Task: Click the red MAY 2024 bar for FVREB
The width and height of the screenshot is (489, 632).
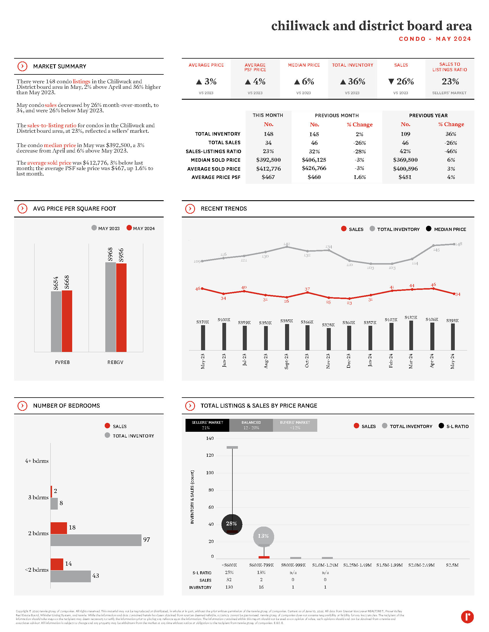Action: click(x=67, y=321)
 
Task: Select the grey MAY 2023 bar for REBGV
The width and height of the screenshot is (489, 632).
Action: click(x=110, y=307)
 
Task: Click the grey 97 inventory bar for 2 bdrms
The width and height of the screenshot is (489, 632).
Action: click(x=96, y=540)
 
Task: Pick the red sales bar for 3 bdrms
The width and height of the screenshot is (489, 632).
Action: click(x=51, y=491)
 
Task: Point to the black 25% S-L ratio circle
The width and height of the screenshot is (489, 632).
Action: click(x=232, y=524)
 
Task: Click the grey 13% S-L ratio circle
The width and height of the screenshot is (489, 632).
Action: click(x=263, y=536)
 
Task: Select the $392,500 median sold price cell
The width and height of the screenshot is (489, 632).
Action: click(x=268, y=160)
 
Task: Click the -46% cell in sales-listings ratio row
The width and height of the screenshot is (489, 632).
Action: click(x=451, y=151)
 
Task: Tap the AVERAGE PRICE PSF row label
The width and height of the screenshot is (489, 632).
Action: click(x=216, y=177)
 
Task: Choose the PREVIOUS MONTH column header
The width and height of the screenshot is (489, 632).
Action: click(x=337, y=115)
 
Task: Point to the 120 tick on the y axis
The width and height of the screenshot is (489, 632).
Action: click(x=210, y=456)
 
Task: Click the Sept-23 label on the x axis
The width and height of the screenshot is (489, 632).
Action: click(x=286, y=361)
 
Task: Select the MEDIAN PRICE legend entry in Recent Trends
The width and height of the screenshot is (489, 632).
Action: click(x=446, y=229)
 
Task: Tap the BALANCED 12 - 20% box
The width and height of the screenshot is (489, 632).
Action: click(x=251, y=425)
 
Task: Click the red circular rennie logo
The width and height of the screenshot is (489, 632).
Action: click(x=467, y=617)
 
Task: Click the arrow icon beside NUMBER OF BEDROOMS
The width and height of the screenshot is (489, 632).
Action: click(x=22, y=406)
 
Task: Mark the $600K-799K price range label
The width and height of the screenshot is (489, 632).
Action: click(x=261, y=565)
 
